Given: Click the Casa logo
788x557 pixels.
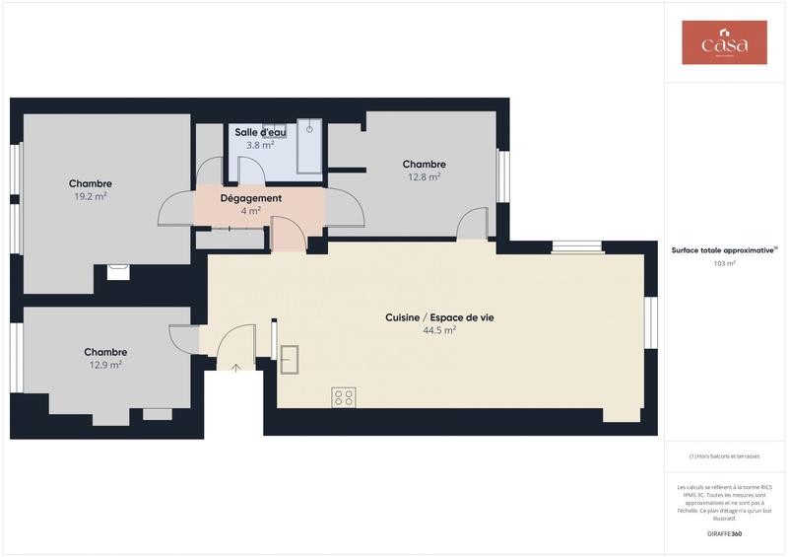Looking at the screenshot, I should (x=724, y=42).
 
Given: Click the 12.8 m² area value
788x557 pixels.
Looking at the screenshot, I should (x=424, y=177).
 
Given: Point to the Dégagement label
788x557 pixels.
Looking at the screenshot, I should (x=250, y=198).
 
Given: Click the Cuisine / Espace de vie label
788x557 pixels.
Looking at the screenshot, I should (x=438, y=317).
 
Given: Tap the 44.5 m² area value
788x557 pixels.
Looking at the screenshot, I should (x=438, y=331).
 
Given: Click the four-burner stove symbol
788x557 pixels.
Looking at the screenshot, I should (x=344, y=397).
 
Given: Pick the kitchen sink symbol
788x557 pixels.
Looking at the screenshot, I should (x=290, y=359).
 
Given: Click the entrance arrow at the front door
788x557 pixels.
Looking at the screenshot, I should (x=235, y=370).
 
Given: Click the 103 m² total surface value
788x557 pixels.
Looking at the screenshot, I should (x=724, y=264).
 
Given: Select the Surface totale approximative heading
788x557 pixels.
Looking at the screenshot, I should (x=724, y=250).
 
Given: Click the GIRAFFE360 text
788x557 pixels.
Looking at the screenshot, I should (x=724, y=533).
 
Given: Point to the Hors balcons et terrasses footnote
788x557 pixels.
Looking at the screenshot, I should (x=724, y=456).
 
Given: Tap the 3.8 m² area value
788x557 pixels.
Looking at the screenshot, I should (x=260, y=145).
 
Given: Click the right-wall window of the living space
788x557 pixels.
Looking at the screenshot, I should (x=650, y=322).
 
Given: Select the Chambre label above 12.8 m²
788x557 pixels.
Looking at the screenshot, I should (x=424, y=165).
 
